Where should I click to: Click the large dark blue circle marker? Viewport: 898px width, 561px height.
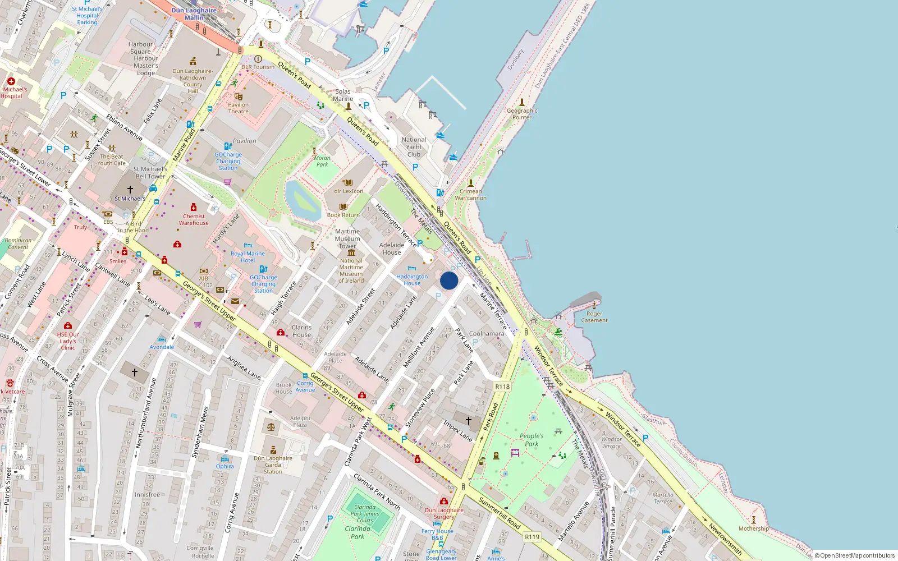click(449, 280)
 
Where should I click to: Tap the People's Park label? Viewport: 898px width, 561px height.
click(531, 440)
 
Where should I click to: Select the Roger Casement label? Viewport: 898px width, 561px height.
click(594, 317)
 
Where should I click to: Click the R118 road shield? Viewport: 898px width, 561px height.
click(502, 387)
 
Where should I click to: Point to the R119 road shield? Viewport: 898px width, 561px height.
click(532, 537)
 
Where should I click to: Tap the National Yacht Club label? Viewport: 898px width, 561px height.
click(414, 147)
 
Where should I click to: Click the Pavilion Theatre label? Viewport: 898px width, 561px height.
click(238, 108)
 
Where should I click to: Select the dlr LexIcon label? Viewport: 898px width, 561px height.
click(349, 191)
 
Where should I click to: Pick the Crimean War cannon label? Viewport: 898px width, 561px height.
click(470, 195)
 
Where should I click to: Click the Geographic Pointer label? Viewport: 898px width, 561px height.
click(522, 114)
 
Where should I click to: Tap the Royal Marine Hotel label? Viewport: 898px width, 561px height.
click(248, 257)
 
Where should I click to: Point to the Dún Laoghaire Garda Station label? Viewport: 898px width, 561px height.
click(273, 465)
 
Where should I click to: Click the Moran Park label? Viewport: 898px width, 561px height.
click(322, 161)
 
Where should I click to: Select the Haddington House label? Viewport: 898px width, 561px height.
click(412, 280)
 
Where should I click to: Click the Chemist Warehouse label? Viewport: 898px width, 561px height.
click(194, 219)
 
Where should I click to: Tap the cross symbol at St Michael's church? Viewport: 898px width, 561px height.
click(130, 190)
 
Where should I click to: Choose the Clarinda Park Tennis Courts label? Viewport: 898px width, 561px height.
click(365, 513)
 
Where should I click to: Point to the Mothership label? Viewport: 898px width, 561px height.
click(754, 528)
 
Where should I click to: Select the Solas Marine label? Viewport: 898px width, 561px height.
click(343, 95)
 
